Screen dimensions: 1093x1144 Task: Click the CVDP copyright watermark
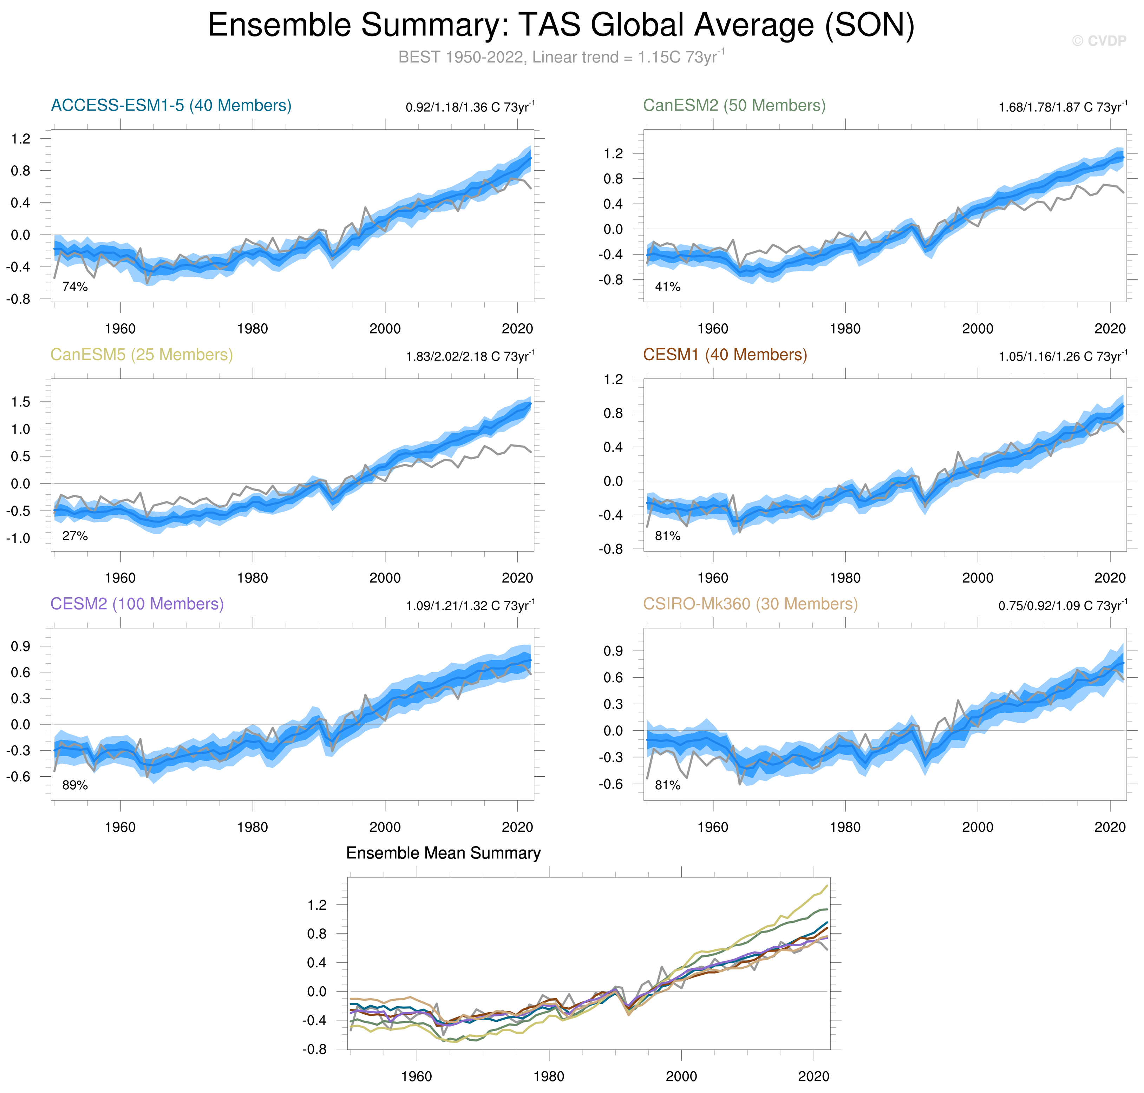(1099, 41)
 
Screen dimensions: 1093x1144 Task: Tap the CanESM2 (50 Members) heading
(734, 105)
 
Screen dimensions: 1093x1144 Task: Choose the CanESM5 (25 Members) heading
(142, 355)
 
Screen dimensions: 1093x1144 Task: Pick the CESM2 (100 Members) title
(137, 604)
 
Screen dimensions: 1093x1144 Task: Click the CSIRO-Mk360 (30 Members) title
(750, 604)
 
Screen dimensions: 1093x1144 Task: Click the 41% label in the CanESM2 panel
(667, 287)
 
